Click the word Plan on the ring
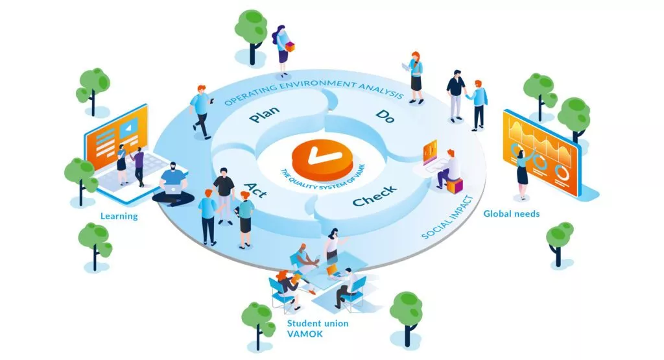coord(264,115)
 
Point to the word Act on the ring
coord(255,189)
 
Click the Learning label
coord(119,216)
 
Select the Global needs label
coord(512,213)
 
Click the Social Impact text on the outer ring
coord(446,218)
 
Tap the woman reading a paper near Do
coord(415,76)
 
